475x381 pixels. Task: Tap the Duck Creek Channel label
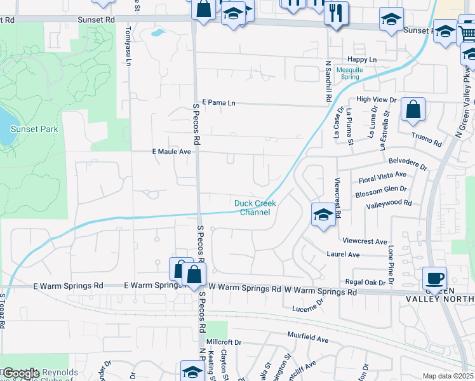tap(255, 208)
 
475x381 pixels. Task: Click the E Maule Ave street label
tap(171, 152)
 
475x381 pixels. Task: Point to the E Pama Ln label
tap(218, 102)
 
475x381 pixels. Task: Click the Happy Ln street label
tap(364, 60)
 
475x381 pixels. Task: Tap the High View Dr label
tap(376, 100)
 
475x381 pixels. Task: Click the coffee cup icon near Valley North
tap(435, 277)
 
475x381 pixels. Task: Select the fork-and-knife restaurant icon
tap(336, 12)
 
